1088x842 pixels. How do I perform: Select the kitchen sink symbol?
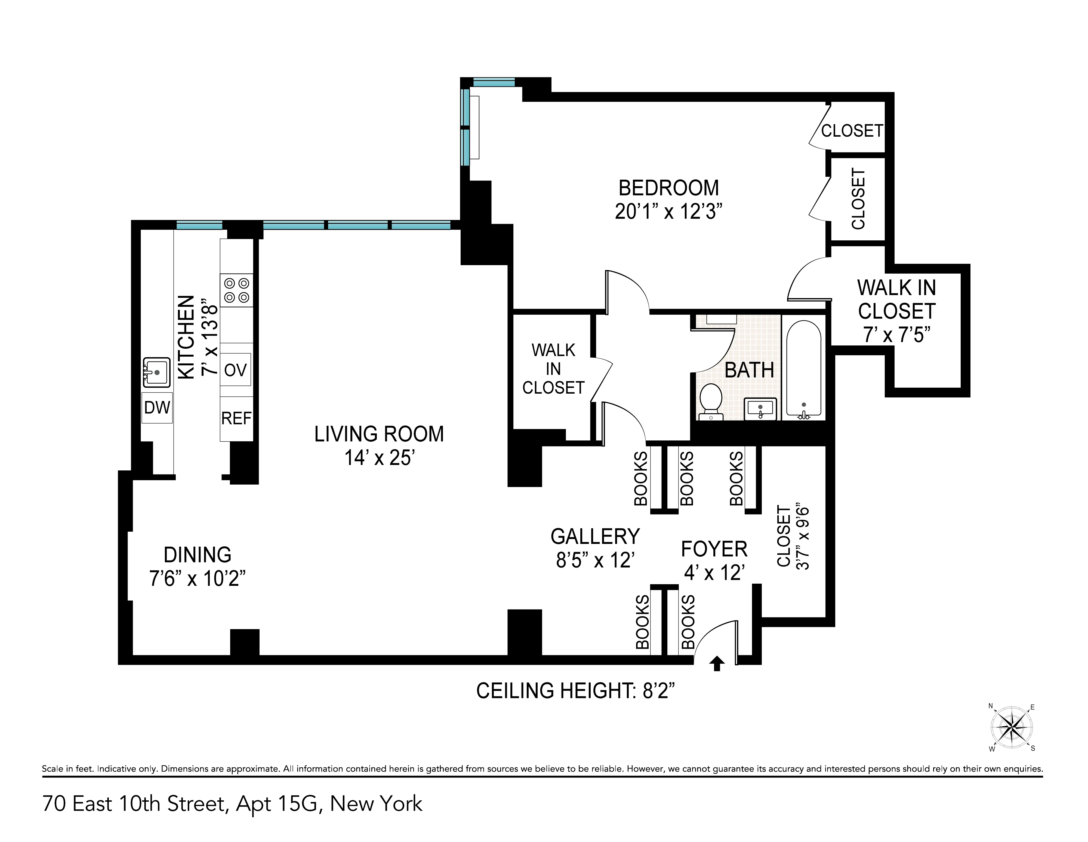click(x=156, y=372)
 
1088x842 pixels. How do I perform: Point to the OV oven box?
click(x=236, y=370)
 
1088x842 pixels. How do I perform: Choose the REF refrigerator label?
click(x=236, y=418)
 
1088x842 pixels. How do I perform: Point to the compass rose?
click(x=1011, y=728)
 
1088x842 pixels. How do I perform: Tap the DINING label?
click(x=198, y=555)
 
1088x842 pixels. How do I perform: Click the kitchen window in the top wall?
click(x=199, y=225)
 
